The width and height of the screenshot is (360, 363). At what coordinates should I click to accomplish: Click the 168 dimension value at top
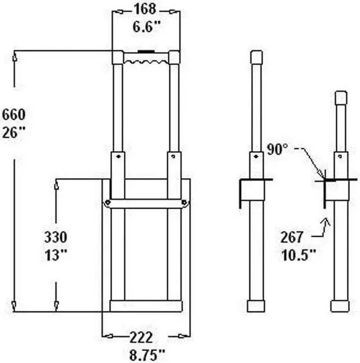(x=145, y=9)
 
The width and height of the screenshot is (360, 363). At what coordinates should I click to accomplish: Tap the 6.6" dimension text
(x=145, y=26)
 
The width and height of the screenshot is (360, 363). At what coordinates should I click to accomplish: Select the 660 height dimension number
(x=13, y=115)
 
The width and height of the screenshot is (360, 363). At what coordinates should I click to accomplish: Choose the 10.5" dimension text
(x=298, y=254)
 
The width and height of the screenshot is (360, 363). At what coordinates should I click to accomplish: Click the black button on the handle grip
(x=146, y=52)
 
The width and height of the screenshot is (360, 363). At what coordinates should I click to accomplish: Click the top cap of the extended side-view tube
(x=256, y=57)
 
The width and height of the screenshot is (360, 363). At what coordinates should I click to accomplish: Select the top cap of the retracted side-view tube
(x=340, y=97)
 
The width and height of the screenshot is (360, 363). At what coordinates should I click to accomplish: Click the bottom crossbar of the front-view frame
(x=146, y=306)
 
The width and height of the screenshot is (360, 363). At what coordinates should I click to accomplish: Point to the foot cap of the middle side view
(x=256, y=305)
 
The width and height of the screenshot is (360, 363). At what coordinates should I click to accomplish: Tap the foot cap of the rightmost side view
(x=340, y=306)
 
